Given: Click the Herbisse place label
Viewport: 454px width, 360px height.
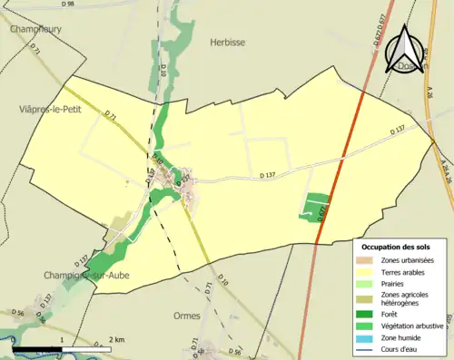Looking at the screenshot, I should [x=228, y=41].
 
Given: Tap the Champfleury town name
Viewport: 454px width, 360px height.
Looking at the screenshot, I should [x=34, y=29].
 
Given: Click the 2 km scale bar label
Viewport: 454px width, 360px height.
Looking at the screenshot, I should [x=114, y=340].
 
